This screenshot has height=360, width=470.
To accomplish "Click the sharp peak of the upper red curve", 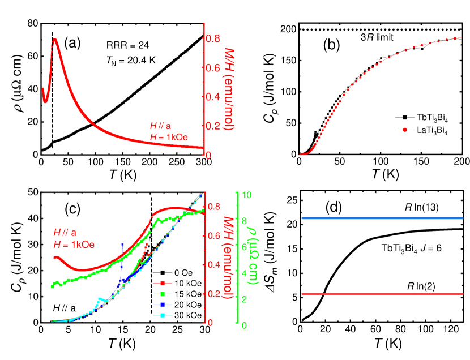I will point(54,40).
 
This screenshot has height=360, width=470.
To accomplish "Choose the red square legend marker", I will point(163,283).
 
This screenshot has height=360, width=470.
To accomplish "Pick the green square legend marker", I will point(163,294).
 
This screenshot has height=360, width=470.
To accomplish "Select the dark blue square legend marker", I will point(163,305).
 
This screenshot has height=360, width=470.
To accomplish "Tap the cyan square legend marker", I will point(163,315).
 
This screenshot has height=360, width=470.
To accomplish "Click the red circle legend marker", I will point(405,130).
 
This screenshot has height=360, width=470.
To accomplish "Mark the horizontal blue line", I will point(382,218).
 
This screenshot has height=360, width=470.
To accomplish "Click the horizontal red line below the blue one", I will point(382,294).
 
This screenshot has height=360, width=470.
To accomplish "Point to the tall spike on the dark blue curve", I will point(122,244).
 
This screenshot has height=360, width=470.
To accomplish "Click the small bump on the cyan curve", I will point(100,298).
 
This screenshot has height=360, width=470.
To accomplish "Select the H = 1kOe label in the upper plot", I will point(168,137).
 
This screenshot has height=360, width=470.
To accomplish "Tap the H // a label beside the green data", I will point(65,232).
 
